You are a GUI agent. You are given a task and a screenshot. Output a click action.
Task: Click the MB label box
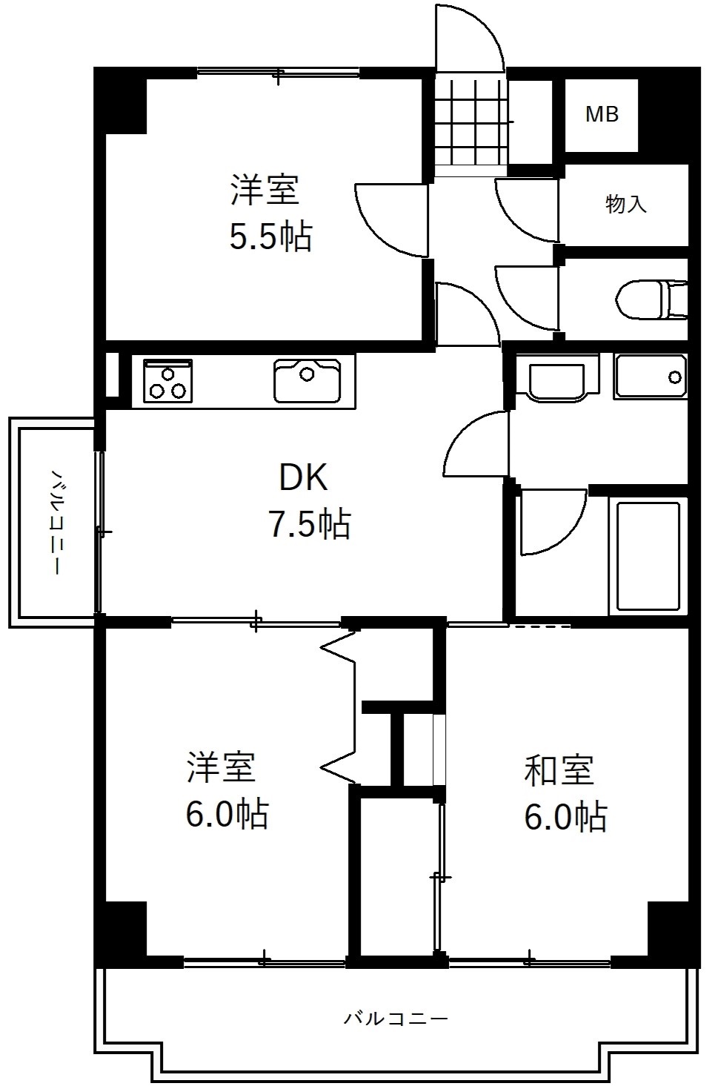[x=602, y=115]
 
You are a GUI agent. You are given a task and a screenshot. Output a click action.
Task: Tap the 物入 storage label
[x=626, y=204]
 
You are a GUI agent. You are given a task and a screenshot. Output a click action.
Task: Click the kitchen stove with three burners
[x=167, y=380]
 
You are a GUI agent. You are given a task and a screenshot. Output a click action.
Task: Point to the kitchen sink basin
[x=307, y=380]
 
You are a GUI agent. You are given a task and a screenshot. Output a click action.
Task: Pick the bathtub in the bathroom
[x=648, y=556]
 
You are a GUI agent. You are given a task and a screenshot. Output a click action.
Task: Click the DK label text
[x=303, y=478]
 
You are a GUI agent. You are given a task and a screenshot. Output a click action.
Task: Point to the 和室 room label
[x=559, y=770]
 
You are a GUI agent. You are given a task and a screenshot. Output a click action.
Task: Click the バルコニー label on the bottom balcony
[x=396, y=1019]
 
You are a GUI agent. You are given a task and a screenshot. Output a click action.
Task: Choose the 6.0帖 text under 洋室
[x=226, y=814]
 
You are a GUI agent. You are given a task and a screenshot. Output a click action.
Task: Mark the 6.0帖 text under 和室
[x=565, y=817]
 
